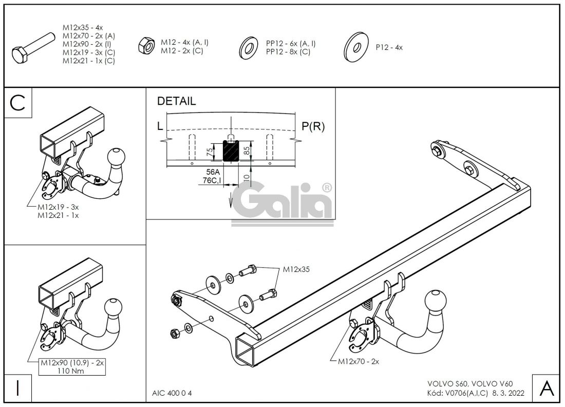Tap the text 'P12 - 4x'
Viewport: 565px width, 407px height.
pos(389,47)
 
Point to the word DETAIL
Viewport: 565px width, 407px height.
pos(176,101)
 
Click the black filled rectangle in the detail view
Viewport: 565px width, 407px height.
pos(231,152)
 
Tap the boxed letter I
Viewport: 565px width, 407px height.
pos(18,388)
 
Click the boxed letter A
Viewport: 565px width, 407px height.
pos(547,388)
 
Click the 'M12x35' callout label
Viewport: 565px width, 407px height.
pos(296,269)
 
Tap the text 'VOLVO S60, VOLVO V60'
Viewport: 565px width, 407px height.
pos(469,384)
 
